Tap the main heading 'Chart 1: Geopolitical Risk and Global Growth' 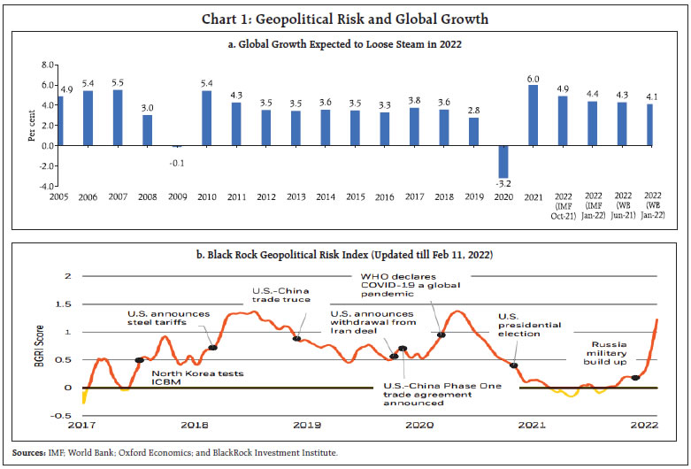[345, 19]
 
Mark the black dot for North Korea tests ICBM [139, 359]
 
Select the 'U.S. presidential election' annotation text [529, 325]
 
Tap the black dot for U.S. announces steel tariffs [212, 347]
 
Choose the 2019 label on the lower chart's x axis [306, 426]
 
